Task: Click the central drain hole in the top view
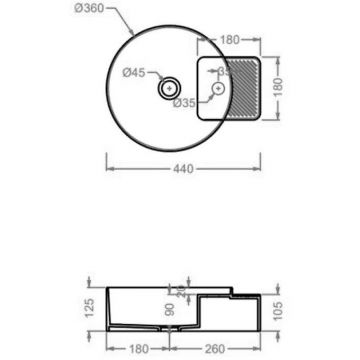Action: (x=165, y=89)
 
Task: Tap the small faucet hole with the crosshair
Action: (x=215, y=89)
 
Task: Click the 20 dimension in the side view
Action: (x=181, y=292)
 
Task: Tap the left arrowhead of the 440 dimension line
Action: (x=108, y=161)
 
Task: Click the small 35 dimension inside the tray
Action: (x=225, y=71)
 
